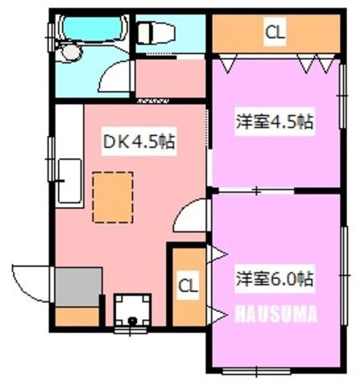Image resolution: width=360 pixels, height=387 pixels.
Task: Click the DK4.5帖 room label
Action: coord(139,141)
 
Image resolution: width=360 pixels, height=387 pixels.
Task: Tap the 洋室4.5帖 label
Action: coord(275,122)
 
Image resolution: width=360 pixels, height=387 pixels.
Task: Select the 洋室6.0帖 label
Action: coord(275,279)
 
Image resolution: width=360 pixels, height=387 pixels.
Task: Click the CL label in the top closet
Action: coord(275,32)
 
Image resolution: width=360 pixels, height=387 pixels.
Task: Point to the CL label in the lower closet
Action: coord(188,285)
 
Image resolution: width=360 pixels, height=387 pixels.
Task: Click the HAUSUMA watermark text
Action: coord(276,314)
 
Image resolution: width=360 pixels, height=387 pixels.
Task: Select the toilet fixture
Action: coord(156,33)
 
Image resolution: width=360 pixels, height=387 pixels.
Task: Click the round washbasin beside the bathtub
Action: coord(71,52)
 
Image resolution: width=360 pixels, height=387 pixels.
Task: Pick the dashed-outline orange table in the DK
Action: coord(113,198)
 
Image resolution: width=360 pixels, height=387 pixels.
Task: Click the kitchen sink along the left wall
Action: coord(70,181)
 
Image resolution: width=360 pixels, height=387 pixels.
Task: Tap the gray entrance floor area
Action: coord(78,287)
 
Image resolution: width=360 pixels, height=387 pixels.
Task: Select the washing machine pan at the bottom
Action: coord(132,310)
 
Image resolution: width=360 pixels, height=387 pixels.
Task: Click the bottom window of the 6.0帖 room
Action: coord(257,372)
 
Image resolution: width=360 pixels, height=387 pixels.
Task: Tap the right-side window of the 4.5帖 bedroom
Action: coord(343,96)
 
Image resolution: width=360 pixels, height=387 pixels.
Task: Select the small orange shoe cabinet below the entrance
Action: coord(77,317)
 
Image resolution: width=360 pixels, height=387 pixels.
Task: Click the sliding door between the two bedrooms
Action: coord(256,191)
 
